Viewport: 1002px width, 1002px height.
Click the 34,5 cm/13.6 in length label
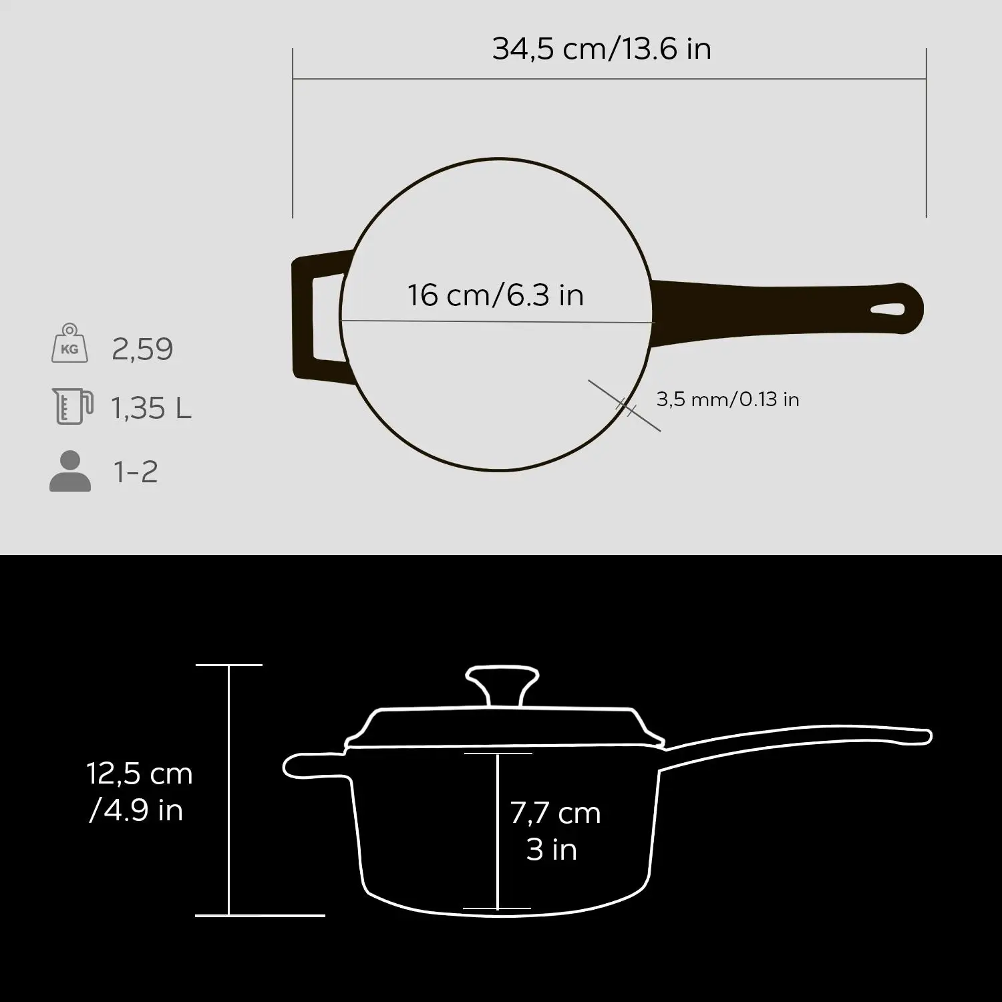tap(601, 49)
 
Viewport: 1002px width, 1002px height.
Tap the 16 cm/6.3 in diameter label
tap(496, 295)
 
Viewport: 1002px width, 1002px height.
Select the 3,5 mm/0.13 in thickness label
tap(727, 399)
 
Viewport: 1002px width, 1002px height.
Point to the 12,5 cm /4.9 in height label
tap(139, 792)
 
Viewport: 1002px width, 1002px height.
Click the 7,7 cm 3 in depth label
tap(554, 831)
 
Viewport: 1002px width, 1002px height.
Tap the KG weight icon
tap(69, 344)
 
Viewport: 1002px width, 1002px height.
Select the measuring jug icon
tap(71, 405)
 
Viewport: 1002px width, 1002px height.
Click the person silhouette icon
tap(69, 472)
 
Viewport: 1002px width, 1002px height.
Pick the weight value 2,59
tap(142, 349)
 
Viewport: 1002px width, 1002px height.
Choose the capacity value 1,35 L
tap(151, 408)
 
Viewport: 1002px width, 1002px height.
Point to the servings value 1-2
tap(136, 472)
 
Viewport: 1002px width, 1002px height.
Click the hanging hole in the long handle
tap(888, 310)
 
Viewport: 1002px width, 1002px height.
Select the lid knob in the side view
tap(502, 685)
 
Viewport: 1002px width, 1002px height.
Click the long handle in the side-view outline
tap(802, 738)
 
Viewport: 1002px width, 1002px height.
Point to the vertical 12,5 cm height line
tap(229, 790)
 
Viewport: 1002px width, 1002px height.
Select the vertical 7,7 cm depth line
tap(498, 831)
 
